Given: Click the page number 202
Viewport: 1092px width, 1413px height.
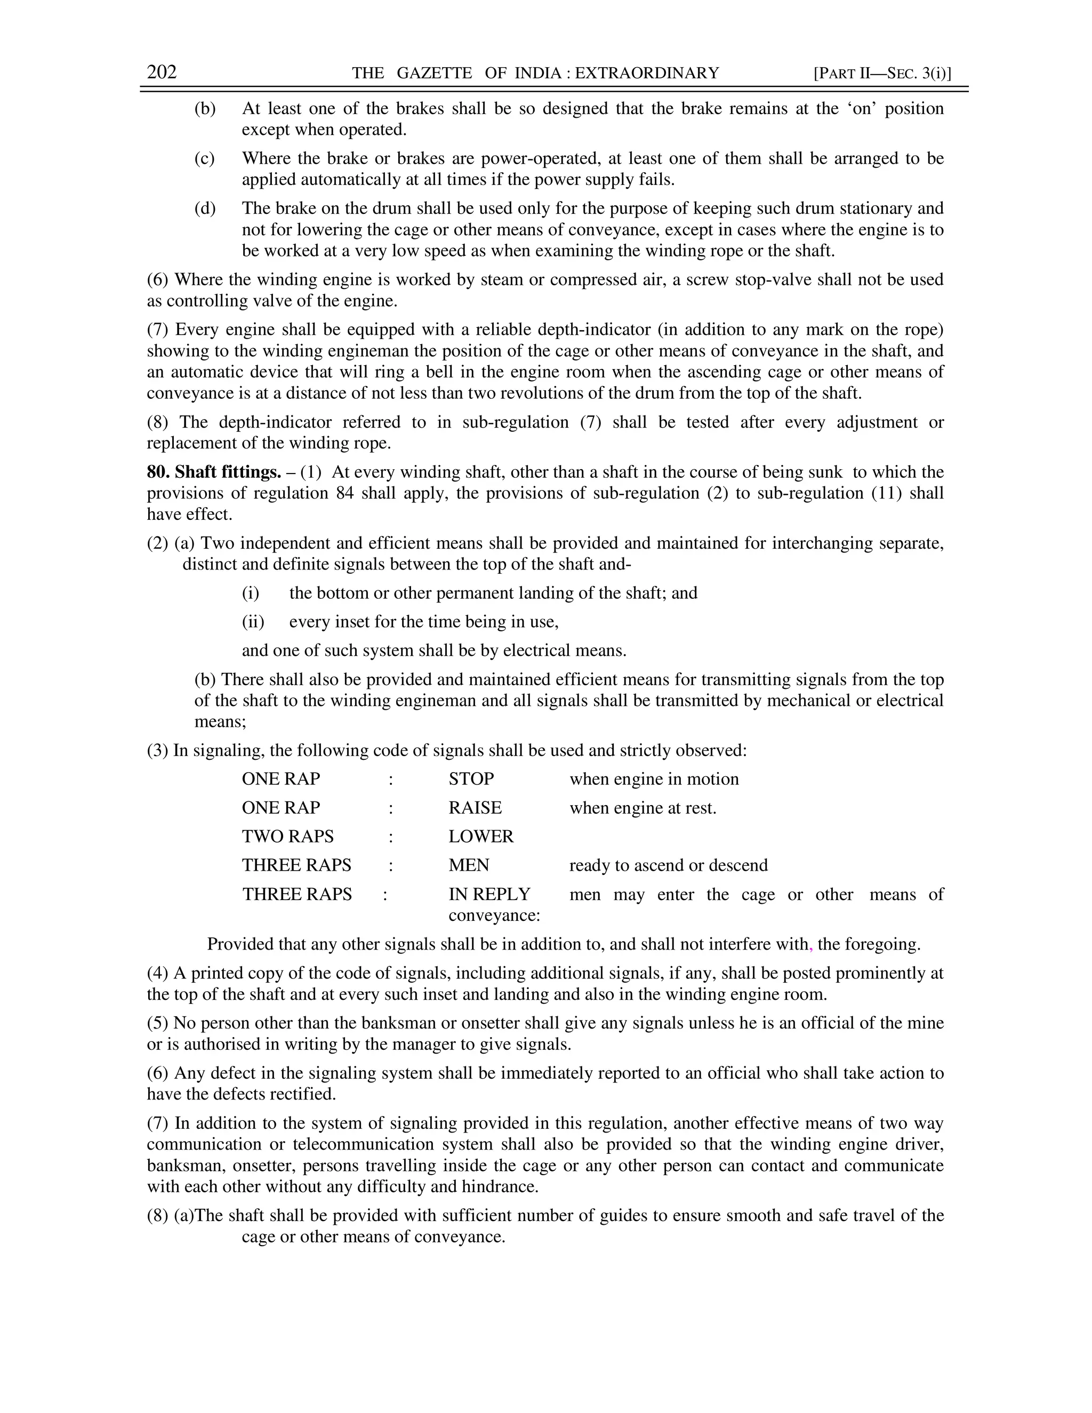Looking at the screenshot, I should click(162, 72).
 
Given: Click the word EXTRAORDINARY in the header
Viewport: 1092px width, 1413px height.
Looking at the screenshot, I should click(646, 73).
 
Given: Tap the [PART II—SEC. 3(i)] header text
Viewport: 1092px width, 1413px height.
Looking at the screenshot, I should click(882, 73).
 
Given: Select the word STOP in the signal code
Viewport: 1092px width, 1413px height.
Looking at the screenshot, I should click(471, 779).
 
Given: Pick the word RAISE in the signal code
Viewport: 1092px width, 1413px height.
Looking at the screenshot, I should click(475, 808).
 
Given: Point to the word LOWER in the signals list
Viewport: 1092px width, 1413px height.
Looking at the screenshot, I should click(480, 837).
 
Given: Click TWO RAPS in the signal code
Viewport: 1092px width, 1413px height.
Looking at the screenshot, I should click(288, 837).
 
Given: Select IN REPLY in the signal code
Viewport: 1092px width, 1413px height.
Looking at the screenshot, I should click(489, 894).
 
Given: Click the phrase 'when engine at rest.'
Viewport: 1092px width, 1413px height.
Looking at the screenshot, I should click(643, 808).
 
